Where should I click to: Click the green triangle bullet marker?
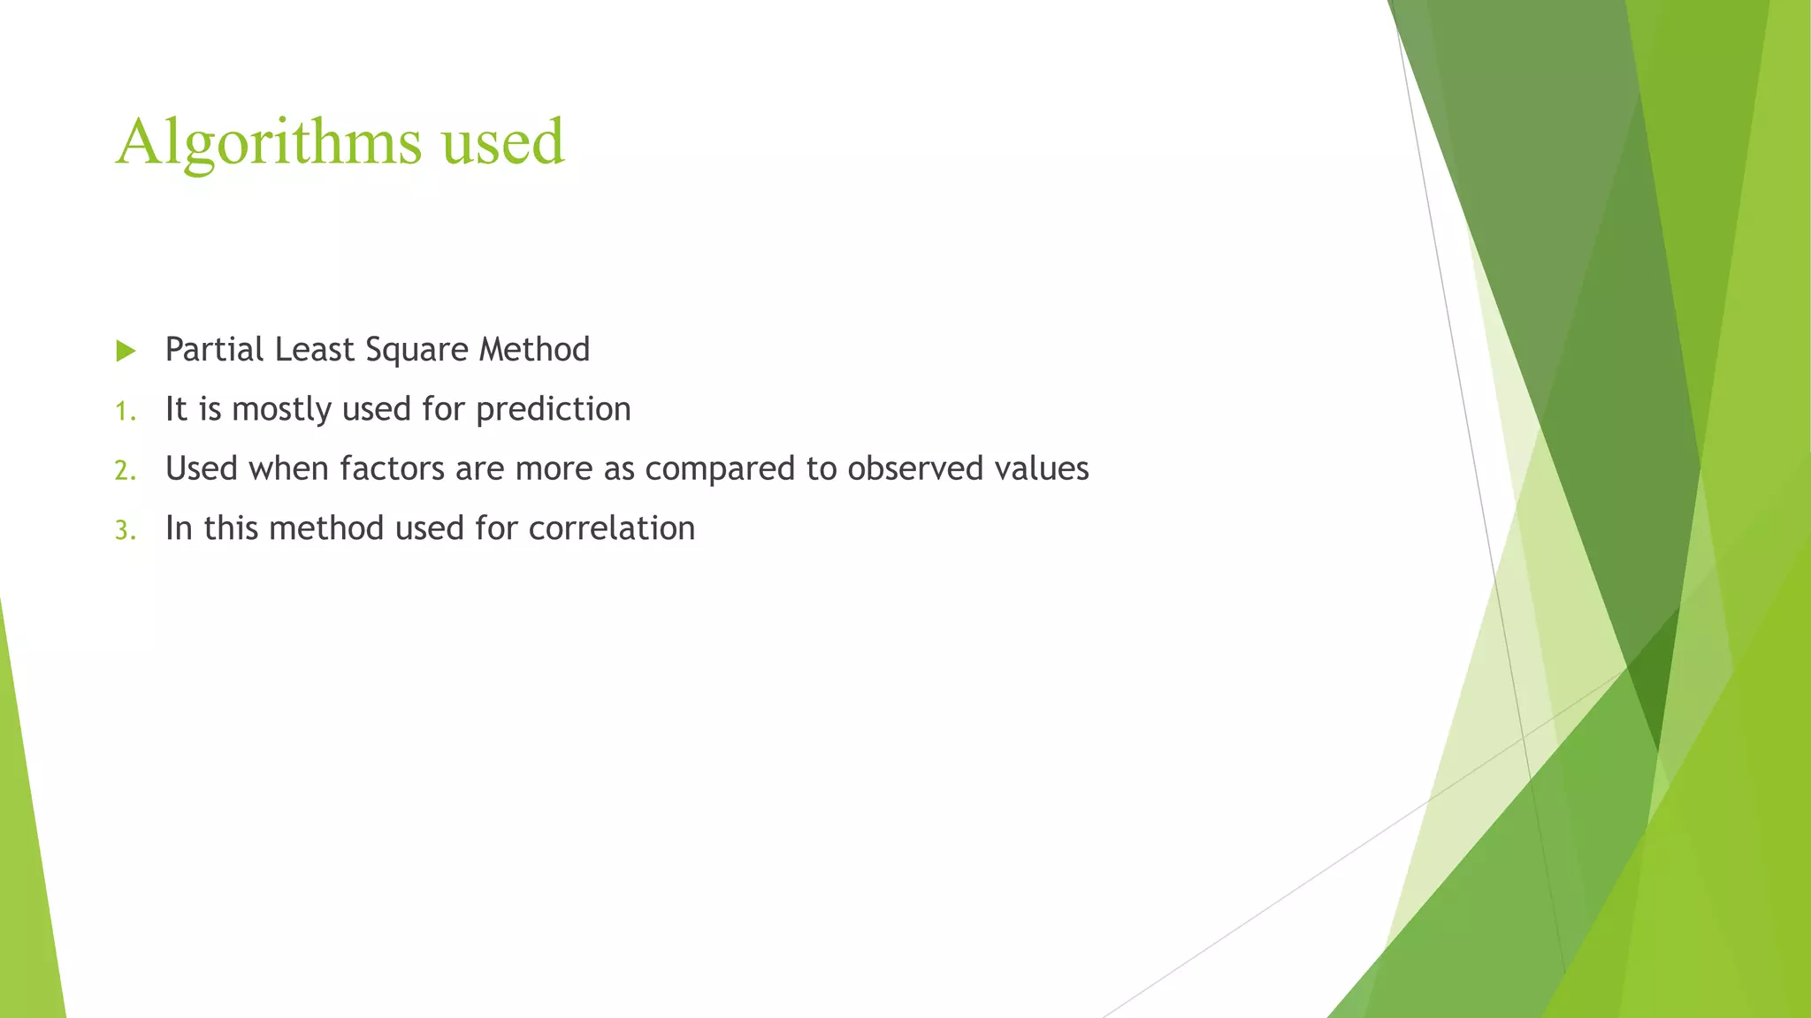pyautogui.click(x=126, y=351)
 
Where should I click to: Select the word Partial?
pyautogui.click(x=215, y=349)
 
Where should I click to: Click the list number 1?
pyautogui.click(x=125, y=411)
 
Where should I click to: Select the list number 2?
pyautogui.click(x=125, y=470)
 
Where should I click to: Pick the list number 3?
pyautogui.click(x=125, y=530)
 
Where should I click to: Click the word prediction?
pyautogui.click(x=553, y=410)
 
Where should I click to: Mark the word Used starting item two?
pyautogui.click(x=202, y=468)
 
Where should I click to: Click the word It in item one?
pyautogui.click(x=176, y=409)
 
